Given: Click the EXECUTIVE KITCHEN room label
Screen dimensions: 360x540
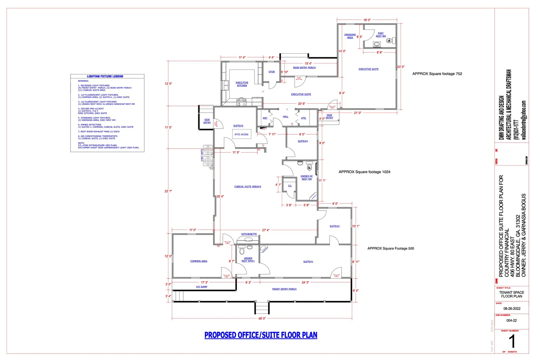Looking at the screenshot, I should point(242,84).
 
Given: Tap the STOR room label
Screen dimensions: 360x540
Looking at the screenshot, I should point(271,72).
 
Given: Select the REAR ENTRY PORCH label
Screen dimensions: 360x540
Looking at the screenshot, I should point(304,68).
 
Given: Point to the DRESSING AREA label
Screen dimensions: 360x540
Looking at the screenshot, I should point(350,36).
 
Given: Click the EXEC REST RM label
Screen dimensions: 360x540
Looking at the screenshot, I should point(381,35).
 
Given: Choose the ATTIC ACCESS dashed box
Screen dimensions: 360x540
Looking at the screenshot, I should point(242,134).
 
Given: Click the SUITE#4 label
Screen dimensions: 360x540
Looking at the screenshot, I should point(303,141).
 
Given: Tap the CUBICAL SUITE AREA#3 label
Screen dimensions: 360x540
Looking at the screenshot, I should point(248,187).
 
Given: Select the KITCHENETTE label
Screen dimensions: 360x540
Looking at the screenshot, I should point(249,234).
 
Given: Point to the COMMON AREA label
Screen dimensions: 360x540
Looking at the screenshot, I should point(199,261).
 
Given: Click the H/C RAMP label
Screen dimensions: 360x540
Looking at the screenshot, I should point(202,287).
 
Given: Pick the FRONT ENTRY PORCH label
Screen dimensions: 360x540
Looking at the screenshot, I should point(284,289).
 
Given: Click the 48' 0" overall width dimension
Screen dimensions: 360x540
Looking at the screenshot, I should point(262,319).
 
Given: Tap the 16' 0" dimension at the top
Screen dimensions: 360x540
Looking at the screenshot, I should point(367,20).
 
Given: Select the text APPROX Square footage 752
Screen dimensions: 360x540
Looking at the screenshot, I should point(437,74).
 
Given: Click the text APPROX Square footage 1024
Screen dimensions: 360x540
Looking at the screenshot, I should point(364,172).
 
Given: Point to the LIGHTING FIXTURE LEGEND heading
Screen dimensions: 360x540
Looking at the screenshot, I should point(105,76).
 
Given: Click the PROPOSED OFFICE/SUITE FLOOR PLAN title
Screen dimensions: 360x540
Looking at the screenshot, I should point(261,335).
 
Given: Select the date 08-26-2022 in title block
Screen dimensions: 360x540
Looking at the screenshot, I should point(512,309).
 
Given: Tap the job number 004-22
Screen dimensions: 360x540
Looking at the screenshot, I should point(512,320).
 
